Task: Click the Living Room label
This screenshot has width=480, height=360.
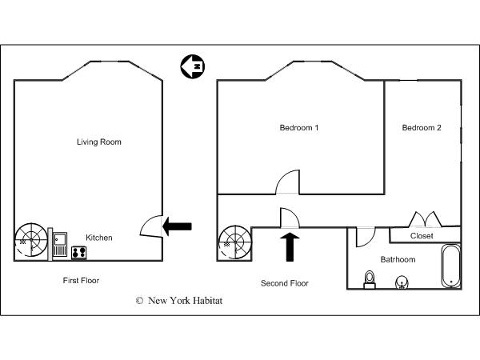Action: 99,142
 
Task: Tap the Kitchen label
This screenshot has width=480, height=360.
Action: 99,238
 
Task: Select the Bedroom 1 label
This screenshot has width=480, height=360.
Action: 299,128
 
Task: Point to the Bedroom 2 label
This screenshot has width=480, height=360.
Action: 422,128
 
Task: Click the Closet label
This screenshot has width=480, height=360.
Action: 422,236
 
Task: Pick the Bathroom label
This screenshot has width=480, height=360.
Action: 398,259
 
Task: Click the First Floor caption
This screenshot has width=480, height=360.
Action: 81,281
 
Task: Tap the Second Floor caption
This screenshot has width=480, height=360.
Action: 284,283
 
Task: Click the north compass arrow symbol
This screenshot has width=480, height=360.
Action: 193,66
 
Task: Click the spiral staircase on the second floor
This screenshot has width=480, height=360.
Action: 235,243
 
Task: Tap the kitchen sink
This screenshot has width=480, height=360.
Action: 60,244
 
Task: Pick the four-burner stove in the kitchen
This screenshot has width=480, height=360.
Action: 79,253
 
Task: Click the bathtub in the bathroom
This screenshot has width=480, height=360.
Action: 451,266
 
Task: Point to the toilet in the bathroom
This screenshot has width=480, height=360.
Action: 370,279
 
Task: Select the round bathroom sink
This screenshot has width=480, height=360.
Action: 402,282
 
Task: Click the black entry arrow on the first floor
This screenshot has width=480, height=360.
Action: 177,226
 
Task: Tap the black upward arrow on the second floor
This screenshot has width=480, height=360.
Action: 290,247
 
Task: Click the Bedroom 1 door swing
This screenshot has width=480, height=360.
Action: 288,182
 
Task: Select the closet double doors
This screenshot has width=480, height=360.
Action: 426,219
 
